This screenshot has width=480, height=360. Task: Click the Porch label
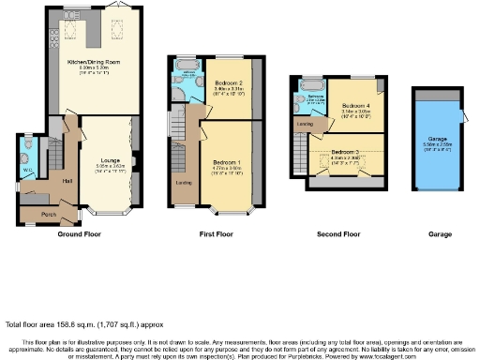[x=46, y=215]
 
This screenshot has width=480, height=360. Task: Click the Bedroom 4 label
[x=355, y=105]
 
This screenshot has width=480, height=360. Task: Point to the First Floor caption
[x=215, y=234]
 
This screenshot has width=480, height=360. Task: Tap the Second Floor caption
[x=338, y=234]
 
